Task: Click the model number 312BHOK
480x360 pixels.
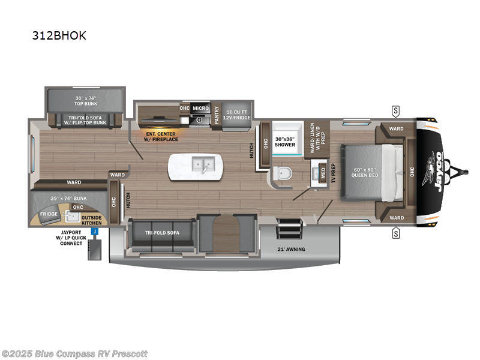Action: point(59,35)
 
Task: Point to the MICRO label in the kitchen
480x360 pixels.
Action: point(200,109)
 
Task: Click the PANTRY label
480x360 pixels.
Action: point(217,113)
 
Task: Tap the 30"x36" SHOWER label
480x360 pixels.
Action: point(285,142)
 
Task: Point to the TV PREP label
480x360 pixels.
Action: point(334,174)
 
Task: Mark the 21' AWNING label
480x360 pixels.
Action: point(292,248)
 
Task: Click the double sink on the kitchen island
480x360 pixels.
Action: point(200,164)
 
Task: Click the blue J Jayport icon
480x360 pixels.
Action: point(95,230)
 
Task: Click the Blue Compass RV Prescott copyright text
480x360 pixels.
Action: point(75,353)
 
